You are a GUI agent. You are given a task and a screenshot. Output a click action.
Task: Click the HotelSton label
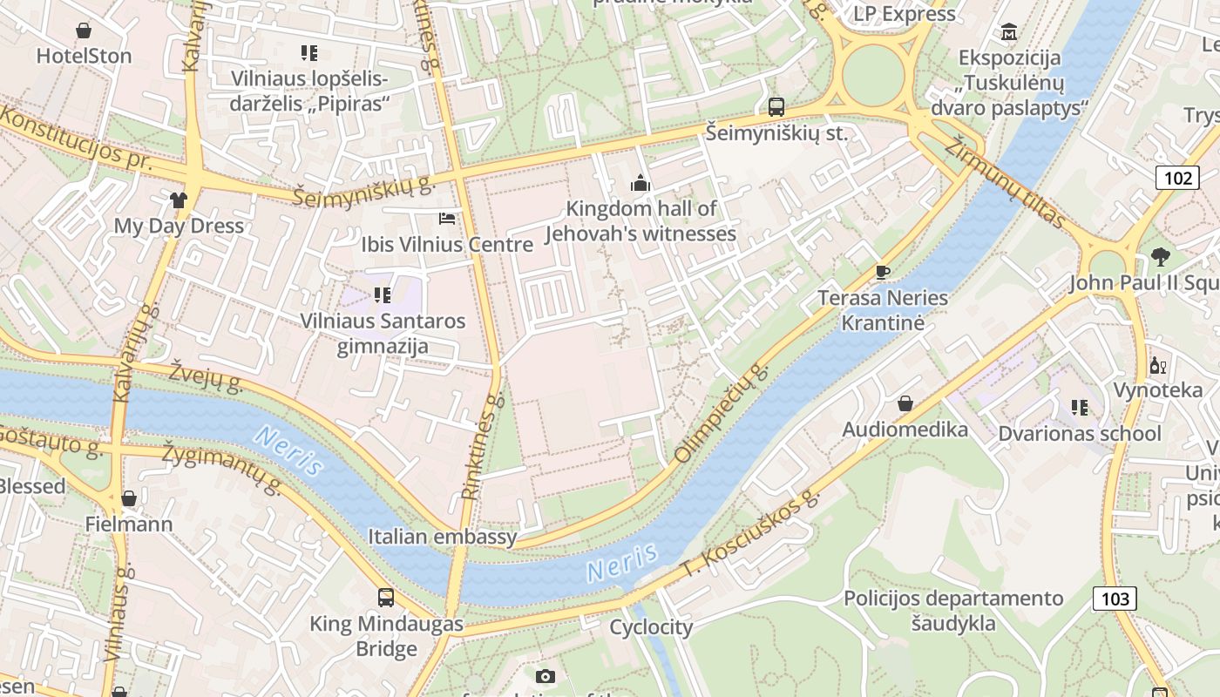click(x=84, y=56)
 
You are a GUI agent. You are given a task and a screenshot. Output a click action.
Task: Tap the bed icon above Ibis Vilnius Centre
click(x=447, y=218)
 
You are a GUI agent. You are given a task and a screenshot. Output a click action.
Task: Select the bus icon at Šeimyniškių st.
click(x=776, y=107)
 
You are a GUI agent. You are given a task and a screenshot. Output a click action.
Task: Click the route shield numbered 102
click(x=1177, y=178)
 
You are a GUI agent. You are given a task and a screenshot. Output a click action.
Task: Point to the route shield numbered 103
click(x=1114, y=598)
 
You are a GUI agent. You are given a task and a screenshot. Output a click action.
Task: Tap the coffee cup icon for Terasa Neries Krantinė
click(x=882, y=272)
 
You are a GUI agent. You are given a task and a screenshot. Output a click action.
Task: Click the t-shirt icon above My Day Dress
click(x=179, y=200)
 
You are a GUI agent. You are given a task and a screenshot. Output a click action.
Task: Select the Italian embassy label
click(x=442, y=537)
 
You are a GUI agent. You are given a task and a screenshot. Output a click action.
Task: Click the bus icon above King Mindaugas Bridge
click(x=386, y=598)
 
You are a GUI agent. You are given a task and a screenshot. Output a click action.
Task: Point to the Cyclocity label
click(x=651, y=627)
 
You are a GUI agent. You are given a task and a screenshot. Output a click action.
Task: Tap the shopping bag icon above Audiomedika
click(x=905, y=403)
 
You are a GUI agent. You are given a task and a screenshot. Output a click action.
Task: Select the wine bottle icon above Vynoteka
click(x=1157, y=365)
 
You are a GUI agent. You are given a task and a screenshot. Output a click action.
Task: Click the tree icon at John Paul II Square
click(x=1160, y=257)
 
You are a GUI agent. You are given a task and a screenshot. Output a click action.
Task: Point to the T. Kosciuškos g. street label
click(x=751, y=533)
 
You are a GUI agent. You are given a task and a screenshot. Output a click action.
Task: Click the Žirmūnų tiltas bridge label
click(x=1007, y=183)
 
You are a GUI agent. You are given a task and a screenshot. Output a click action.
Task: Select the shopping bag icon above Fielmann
click(x=129, y=498)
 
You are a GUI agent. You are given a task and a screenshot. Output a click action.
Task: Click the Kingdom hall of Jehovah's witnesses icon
click(x=640, y=183)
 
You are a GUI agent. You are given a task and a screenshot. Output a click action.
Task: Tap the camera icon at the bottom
click(x=545, y=676)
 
